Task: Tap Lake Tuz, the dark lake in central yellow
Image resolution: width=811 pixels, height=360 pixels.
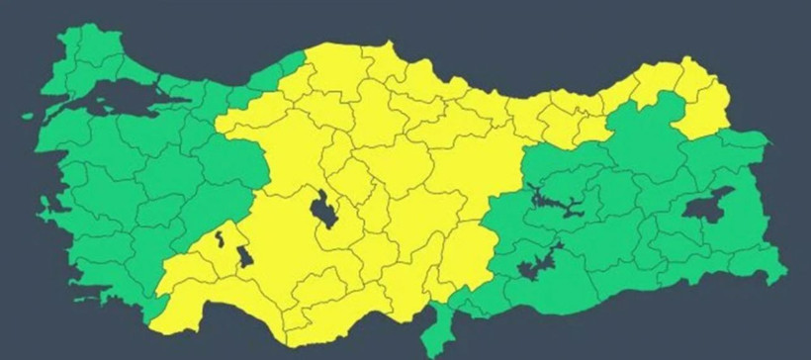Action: click(x=323, y=210)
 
